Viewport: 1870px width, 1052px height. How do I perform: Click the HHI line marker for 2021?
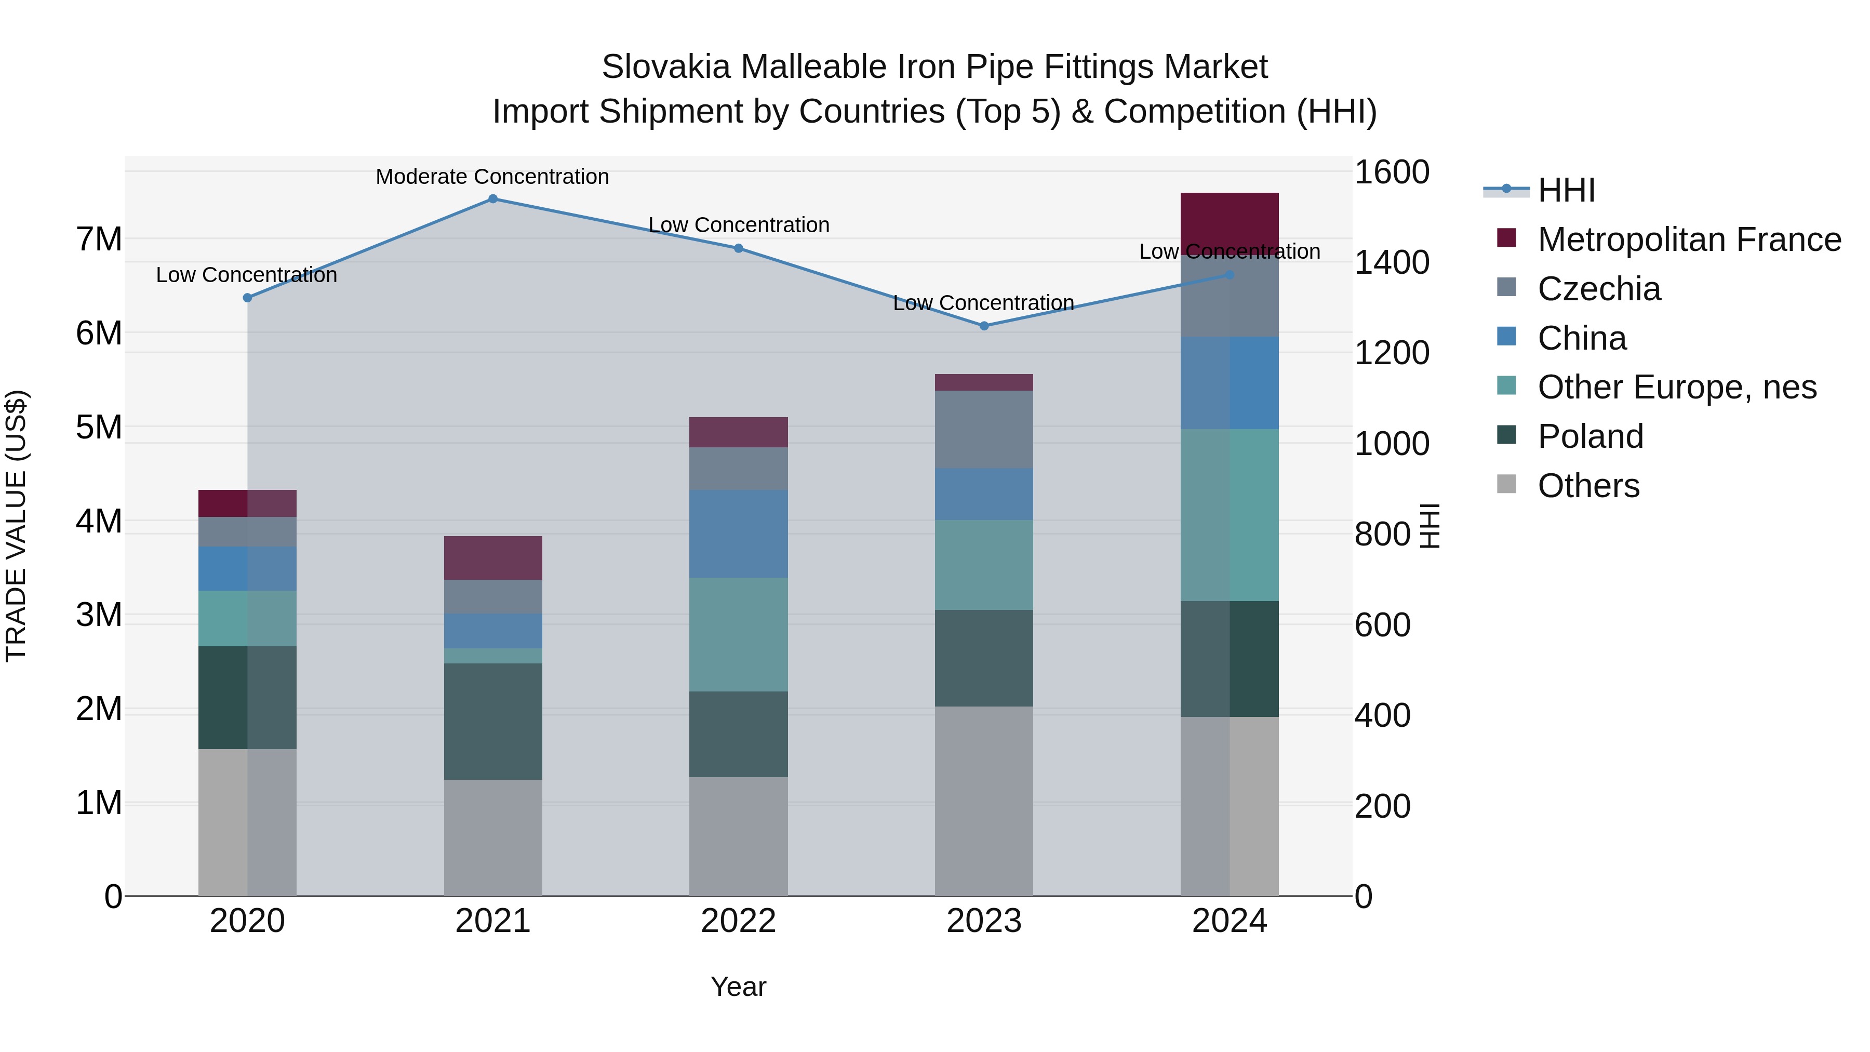[x=493, y=199]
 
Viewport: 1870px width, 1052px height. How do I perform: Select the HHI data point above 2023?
[x=984, y=326]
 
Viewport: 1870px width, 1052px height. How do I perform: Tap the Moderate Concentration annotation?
[x=492, y=177]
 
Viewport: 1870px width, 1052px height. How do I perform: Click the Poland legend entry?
[x=1590, y=436]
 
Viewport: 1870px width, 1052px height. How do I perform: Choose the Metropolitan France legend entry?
[x=1689, y=239]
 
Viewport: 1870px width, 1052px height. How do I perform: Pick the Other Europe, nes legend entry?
[x=1677, y=387]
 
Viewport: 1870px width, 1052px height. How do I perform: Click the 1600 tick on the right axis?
[x=1392, y=173]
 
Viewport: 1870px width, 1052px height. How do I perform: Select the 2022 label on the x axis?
[x=738, y=921]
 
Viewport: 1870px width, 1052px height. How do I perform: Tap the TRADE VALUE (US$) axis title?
[x=16, y=526]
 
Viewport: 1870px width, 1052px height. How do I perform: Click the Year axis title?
[x=738, y=987]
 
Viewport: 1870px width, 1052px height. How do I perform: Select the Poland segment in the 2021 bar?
[x=493, y=721]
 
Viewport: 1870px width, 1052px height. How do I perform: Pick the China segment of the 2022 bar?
[x=738, y=534]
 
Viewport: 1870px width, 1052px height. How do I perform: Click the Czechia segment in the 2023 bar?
[x=984, y=429]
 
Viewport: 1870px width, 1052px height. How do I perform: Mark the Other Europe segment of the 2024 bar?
[x=1229, y=515]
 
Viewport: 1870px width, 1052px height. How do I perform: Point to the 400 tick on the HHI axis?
[x=1382, y=716]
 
